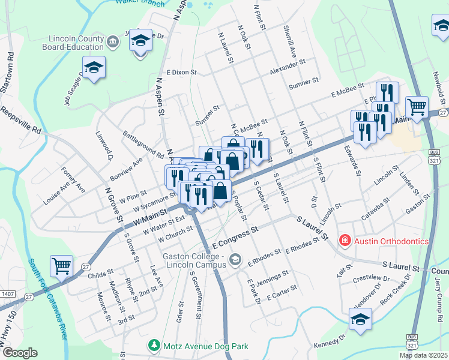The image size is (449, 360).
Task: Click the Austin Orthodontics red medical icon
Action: click(345, 241)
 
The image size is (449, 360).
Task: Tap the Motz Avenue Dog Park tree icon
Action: click(154, 346)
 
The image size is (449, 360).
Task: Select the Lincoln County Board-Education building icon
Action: click(112, 41)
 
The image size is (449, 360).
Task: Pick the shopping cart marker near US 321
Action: click(417, 107)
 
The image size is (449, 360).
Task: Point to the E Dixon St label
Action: click(182, 72)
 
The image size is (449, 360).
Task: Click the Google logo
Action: click(20, 353)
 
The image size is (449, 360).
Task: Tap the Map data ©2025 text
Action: click(423, 355)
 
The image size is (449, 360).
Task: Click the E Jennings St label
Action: click(268, 279)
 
